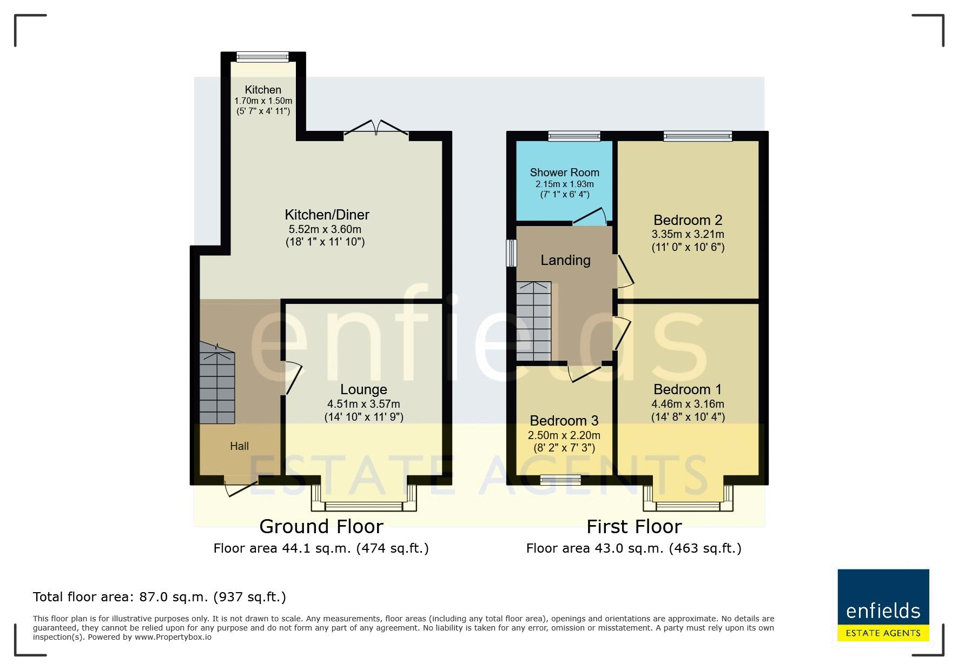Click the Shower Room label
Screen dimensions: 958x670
[564, 173]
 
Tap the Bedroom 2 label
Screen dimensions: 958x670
[688, 220]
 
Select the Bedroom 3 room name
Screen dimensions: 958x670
[564, 421]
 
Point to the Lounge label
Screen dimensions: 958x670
[364, 389]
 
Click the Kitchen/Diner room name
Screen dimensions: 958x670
[327, 215]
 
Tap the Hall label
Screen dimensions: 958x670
[239, 446]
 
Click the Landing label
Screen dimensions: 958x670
[565, 260]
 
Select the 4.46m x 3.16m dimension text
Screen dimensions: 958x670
[688, 404]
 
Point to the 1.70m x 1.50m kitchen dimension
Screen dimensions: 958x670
[263, 101]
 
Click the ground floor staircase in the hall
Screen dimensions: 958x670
[217, 385]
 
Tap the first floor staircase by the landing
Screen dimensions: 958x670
[533, 321]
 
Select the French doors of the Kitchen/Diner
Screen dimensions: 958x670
[376, 128]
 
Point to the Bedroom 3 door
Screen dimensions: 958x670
[584, 373]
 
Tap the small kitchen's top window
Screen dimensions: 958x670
[262, 57]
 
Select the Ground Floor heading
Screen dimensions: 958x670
[321, 526]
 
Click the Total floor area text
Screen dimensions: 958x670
[160, 597]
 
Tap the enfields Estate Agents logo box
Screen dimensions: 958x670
[883, 605]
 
